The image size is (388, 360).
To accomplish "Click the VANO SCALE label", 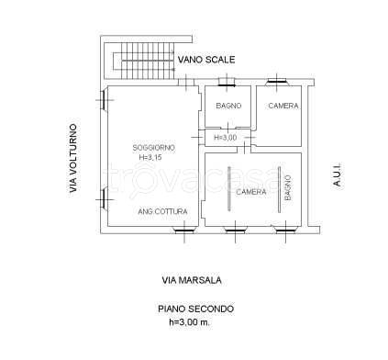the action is tap(206, 60).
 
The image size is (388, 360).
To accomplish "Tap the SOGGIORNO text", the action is tap(154, 148).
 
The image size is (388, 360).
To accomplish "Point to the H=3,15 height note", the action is tap(150, 158).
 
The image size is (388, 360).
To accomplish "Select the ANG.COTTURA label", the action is tap(162, 211).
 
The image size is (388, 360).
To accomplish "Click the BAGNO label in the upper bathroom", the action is tap(228, 106).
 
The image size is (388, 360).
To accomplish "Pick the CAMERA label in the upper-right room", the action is tap(283, 106).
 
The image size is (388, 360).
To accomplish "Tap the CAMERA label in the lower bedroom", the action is tap(251, 192).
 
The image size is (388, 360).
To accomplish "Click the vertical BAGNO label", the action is tap(288, 187).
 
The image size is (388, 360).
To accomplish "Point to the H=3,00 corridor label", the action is tap(225, 138).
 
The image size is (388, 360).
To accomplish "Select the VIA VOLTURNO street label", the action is tap(73, 158).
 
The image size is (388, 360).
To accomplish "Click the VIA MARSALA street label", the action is tap(192, 280).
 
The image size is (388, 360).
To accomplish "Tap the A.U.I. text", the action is tap(337, 175).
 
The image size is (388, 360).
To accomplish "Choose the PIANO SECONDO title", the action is tap(195, 309).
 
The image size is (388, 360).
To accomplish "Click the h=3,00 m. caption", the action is tap(190, 321).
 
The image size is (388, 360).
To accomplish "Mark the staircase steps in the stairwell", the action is tap(148, 61).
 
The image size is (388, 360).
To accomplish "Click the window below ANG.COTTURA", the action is tap(184, 231).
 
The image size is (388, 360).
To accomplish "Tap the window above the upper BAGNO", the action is tap(227, 82).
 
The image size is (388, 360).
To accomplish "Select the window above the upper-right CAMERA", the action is tap(277, 82).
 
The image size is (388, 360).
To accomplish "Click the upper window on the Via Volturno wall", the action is tap(104, 100).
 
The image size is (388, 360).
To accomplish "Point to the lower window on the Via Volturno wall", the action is tap(104, 199).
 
